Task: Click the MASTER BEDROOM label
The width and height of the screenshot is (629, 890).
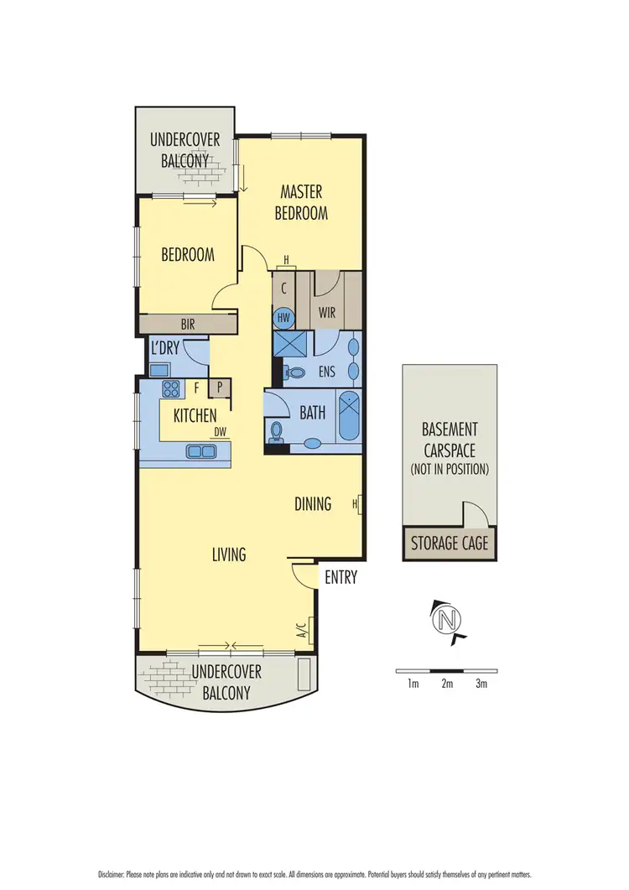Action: point(302,203)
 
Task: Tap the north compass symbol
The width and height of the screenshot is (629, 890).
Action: point(447,621)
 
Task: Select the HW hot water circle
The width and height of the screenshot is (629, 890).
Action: point(283,319)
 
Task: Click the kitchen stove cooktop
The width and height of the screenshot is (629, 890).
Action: point(171,388)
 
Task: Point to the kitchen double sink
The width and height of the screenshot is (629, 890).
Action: point(200,451)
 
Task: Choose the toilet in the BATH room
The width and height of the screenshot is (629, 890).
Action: point(278,430)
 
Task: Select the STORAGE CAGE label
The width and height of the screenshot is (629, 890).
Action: point(449,544)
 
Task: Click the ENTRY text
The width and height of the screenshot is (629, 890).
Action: point(340,577)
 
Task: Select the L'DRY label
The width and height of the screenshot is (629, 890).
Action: point(167,346)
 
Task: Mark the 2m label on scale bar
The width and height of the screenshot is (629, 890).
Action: point(447,684)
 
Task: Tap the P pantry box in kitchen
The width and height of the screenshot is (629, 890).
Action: point(220,388)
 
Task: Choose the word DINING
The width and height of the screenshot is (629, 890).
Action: point(313,504)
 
